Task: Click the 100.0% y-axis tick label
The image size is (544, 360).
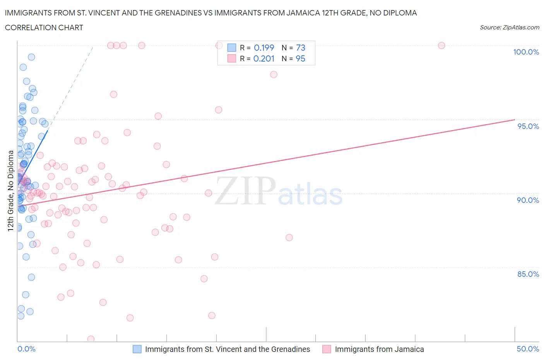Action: [526, 52]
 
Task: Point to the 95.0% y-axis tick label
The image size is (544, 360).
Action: [528, 126]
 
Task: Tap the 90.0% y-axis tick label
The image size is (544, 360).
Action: [528, 200]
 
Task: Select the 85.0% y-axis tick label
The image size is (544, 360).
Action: [528, 274]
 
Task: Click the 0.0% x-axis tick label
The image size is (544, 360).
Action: [26, 349]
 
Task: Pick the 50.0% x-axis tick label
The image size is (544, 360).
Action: [528, 349]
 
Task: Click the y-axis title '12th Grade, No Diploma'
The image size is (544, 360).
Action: [11, 191]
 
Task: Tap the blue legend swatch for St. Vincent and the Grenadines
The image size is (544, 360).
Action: [137, 349]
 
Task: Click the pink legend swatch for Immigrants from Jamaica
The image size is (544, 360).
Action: [327, 349]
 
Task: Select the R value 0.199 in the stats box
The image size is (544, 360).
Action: [264, 48]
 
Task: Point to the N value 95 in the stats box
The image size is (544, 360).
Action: [300, 58]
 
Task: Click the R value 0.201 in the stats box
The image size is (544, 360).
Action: [264, 58]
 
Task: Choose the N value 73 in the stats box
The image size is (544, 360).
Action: [300, 48]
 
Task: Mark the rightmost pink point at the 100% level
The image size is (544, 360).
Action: [441, 45]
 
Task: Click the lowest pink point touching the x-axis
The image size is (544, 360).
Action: [91, 339]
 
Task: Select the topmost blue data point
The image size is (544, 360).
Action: [31, 57]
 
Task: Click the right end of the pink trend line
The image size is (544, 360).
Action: [515, 120]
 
